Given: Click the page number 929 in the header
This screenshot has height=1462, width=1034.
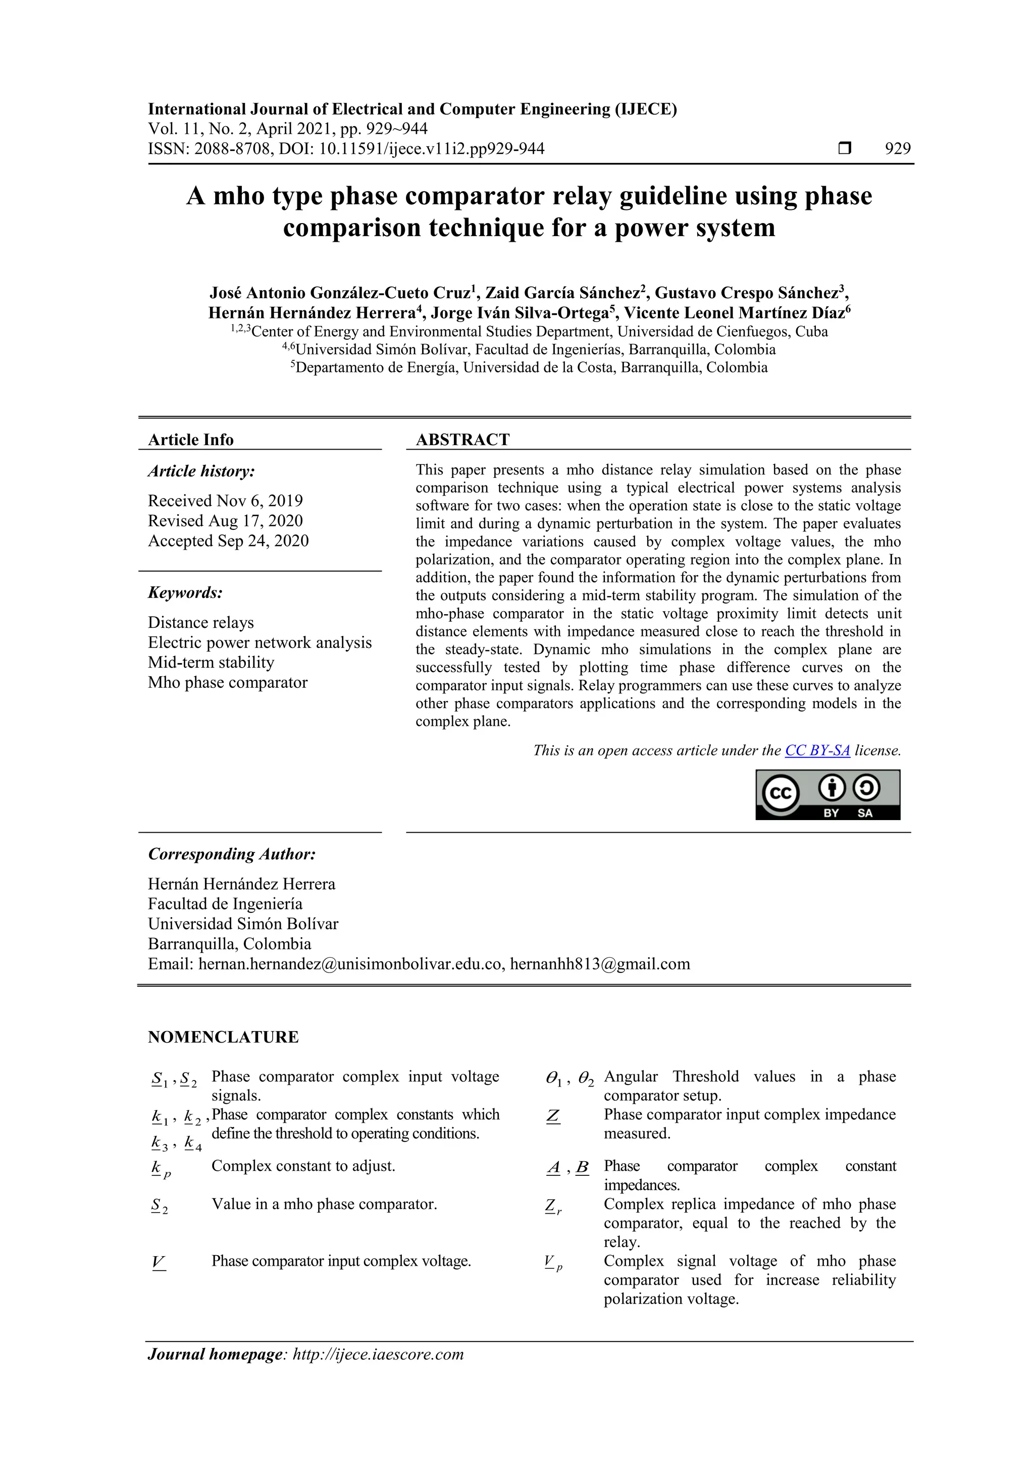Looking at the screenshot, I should [897, 148].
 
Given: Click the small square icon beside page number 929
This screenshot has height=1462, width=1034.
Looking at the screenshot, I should [844, 148].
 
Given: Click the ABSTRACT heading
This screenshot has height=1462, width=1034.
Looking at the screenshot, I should [462, 440].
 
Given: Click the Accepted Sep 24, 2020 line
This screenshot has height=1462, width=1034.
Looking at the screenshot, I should [228, 540].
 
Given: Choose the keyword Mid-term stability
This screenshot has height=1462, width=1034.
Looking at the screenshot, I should [211, 662].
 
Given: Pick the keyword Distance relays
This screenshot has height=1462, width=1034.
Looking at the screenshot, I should [200, 622].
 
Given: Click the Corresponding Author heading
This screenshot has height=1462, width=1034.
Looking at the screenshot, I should [232, 854].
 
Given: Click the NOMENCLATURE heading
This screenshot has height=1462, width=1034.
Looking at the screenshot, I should [223, 1037].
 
